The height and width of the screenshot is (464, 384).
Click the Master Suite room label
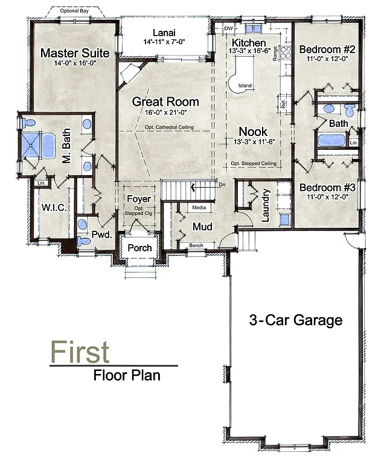(75, 53)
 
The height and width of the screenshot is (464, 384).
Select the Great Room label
(165, 101)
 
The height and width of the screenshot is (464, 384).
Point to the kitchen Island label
(245, 86)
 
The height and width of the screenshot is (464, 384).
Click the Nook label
(253, 131)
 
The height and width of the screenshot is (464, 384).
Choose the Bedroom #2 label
(327, 49)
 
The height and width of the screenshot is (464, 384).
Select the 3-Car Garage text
(296, 320)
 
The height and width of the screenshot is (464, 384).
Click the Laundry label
(266, 206)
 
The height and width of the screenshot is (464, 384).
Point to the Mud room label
(201, 226)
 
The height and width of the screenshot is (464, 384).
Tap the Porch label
(139, 248)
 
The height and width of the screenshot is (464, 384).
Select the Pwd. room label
(102, 236)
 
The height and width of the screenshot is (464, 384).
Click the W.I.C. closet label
(54, 207)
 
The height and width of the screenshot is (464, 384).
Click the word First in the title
(80, 351)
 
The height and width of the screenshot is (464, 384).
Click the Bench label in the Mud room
(196, 246)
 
